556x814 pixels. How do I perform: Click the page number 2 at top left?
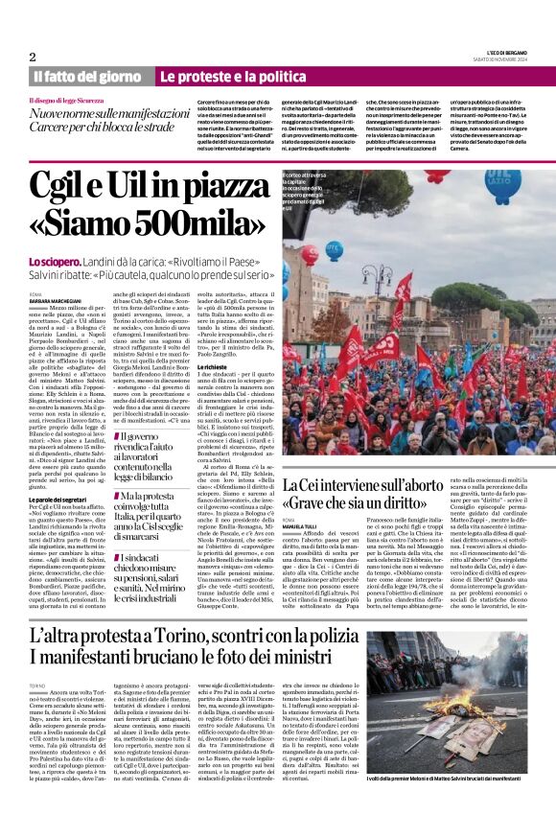pos(33,57)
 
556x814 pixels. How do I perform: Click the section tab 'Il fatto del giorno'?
pos(87,76)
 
